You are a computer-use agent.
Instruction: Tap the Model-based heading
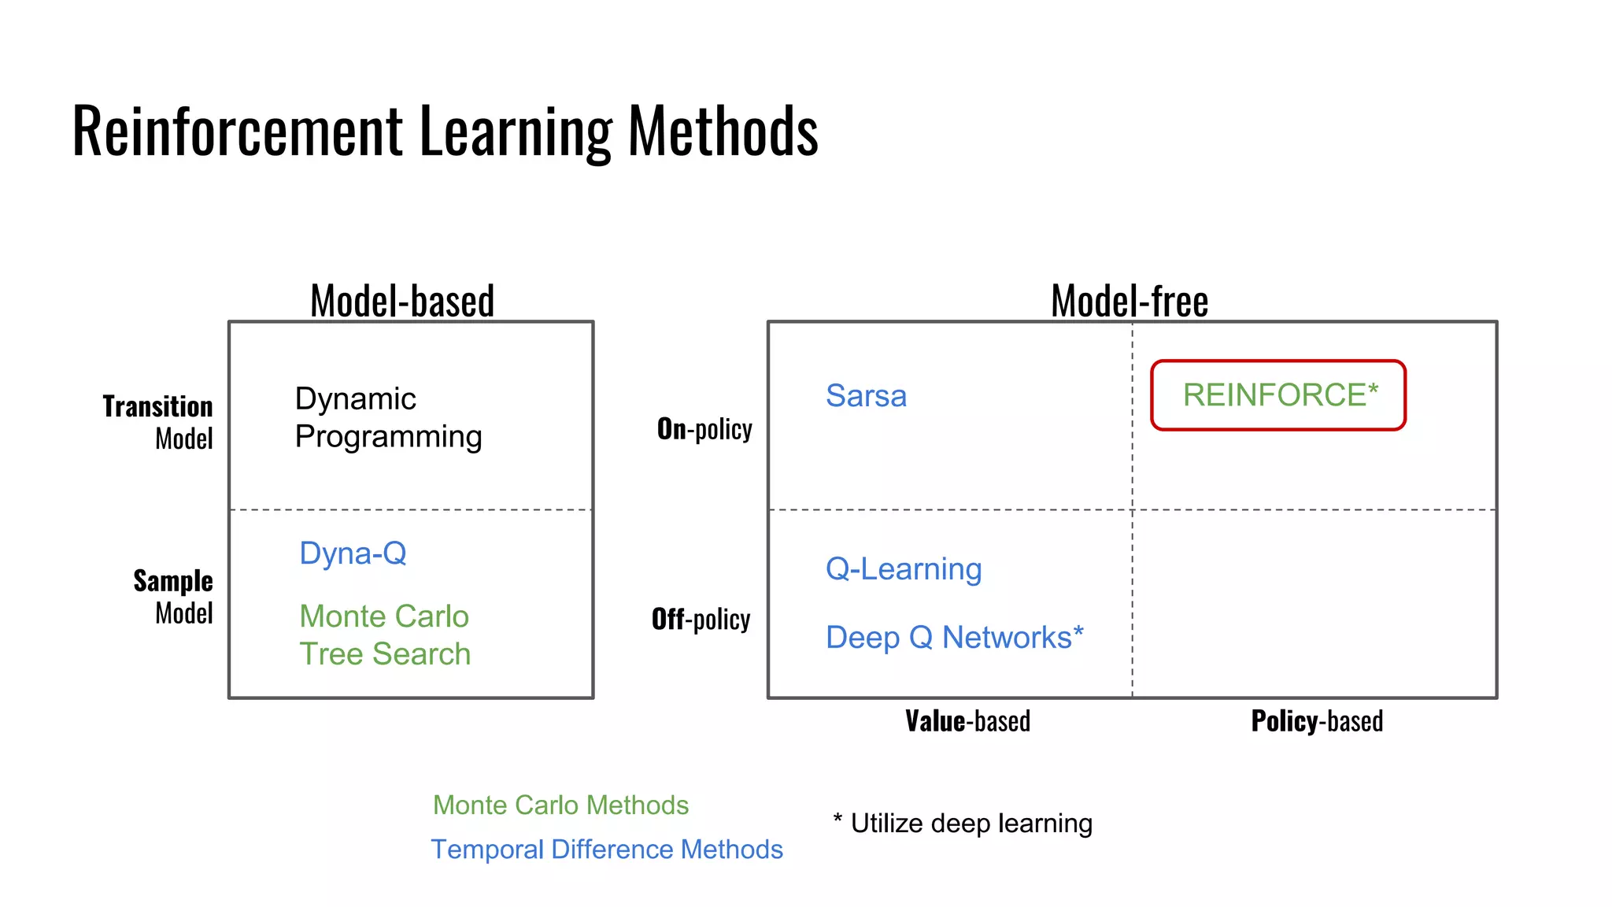tap(402, 301)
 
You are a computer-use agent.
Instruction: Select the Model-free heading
tap(1130, 301)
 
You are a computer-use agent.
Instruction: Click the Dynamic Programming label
tap(388, 417)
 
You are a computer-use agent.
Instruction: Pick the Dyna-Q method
tap(353, 553)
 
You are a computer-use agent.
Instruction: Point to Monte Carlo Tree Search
tap(385, 635)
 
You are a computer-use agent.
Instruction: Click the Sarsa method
tap(866, 395)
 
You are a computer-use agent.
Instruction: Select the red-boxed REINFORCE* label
tap(1278, 395)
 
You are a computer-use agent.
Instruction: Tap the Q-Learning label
tap(904, 568)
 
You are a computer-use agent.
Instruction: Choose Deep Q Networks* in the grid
tap(954, 637)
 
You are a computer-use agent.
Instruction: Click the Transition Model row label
tap(158, 422)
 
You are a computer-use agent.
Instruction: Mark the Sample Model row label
tap(173, 597)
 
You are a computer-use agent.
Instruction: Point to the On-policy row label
tap(704, 429)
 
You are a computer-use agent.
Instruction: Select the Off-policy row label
tap(701, 620)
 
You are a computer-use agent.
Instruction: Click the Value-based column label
tap(967, 721)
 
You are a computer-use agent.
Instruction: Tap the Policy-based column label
tap(1317, 721)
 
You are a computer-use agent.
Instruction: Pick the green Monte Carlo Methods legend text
tap(560, 805)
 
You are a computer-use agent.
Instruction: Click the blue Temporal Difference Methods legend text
tap(607, 850)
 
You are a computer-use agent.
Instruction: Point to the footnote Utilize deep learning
tap(963, 824)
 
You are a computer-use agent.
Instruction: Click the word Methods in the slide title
tap(723, 131)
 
